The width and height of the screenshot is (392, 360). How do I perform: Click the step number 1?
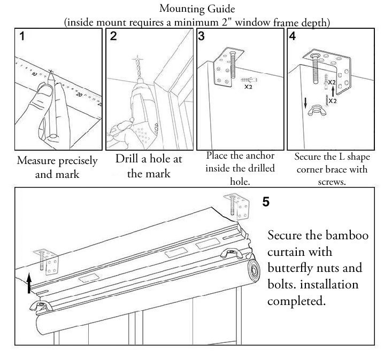(x=22, y=36)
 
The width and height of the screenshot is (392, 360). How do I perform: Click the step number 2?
(x=113, y=36)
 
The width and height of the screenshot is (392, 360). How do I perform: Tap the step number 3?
(x=201, y=36)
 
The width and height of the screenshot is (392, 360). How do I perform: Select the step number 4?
(x=292, y=36)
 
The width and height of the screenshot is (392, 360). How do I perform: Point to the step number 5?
(x=266, y=202)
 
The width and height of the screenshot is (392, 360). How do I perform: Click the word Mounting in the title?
(x=180, y=9)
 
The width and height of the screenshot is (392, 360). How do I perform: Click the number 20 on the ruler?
(x=79, y=95)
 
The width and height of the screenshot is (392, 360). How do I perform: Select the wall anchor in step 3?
(x=249, y=80)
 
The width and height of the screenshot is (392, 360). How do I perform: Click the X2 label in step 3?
(x=248, y=87)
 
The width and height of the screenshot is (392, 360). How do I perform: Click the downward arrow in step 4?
(x=305, y=103)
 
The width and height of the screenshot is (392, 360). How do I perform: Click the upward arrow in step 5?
(x=29, y=283)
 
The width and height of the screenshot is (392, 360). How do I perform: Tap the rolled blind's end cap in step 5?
(x=254, y=271)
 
